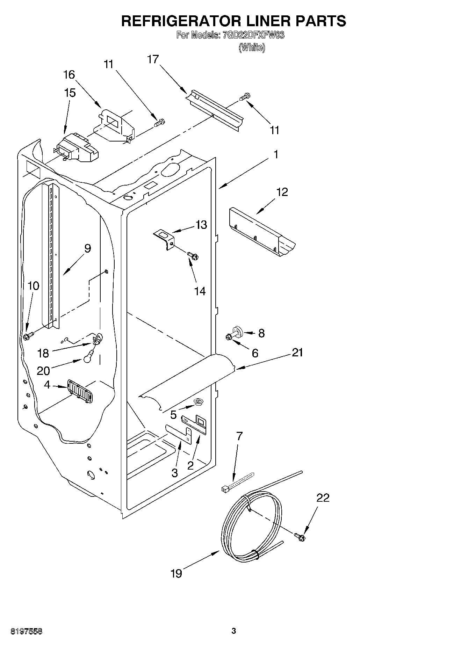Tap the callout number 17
[153, 59]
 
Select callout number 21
[297, 353]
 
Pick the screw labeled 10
[27, 336]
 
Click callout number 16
[69, 74]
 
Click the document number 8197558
[22, 631]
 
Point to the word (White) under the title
[252, 47]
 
